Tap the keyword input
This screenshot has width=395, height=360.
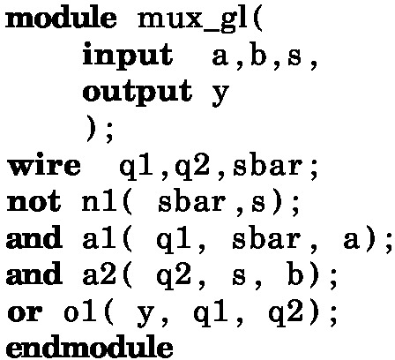[128, 55]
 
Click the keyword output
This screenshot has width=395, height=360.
[138, 93]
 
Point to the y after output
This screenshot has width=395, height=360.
[220, 94]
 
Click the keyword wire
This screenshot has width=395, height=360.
[43, 166]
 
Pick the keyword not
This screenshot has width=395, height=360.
[34, 203]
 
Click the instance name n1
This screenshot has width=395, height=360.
[99, 203]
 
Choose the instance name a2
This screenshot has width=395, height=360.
[99, 275]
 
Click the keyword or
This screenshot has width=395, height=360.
[25, 312]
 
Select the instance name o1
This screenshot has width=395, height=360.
[80, 311]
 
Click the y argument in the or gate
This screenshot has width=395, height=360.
[146, 316]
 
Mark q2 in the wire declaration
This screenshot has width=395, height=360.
[192, 168]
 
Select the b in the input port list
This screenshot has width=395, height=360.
[258, 55]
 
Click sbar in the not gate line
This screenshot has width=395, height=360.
[192, 203]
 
